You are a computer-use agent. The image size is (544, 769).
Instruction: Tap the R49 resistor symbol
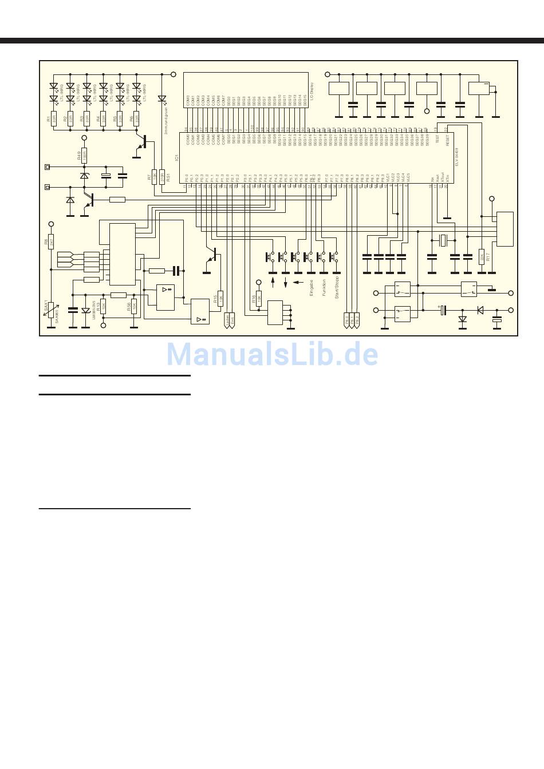coord(84,155)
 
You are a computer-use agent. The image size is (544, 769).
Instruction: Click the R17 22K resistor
coord(482,257)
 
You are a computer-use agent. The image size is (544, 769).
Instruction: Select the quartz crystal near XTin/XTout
coord(442,240)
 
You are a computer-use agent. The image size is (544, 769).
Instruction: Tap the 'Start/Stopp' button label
coord(337,289)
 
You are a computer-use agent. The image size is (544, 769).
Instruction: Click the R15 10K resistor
coord(221,298)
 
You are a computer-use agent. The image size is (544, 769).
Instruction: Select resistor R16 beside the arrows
coord(259,298)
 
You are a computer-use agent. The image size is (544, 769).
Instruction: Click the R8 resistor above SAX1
coord(51,242)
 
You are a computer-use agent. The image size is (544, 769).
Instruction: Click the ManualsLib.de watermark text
coord(273,355)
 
